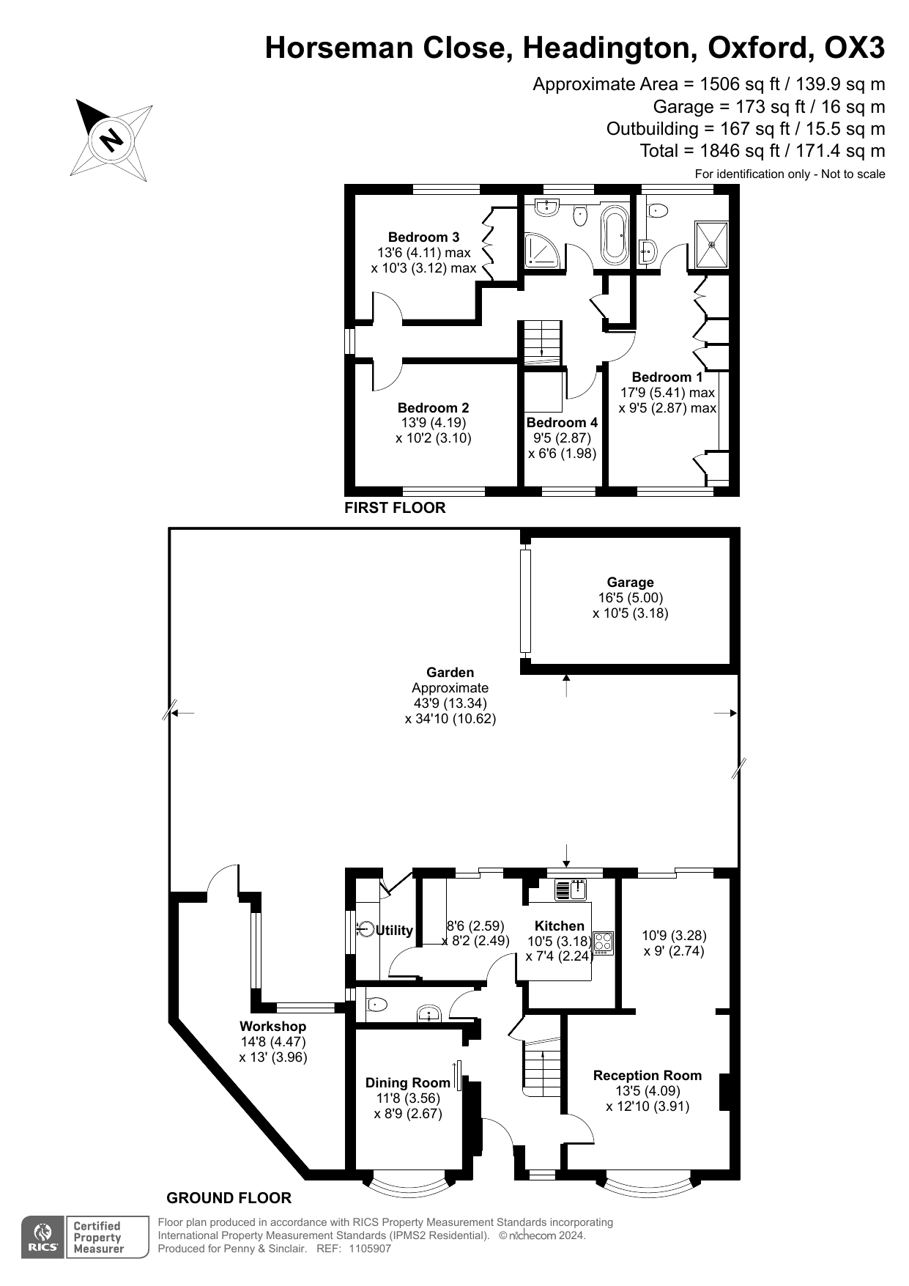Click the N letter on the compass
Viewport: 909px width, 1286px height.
[x=111, y=139]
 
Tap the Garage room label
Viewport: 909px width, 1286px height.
[x=630, y=583]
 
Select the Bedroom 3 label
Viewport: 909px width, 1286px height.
[x=423, y=237]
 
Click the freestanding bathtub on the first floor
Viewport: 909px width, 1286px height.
[x=613, y=236]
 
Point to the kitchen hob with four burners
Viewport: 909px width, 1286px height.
[x=603, y=942]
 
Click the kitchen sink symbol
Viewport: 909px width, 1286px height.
[x=571, y=890]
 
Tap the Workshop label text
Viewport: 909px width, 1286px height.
[x=272, y=1027]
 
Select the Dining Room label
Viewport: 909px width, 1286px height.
[x=407, y=1083]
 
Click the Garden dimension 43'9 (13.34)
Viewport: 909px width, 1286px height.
[x=450, y=703]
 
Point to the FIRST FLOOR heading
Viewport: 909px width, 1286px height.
[x=395, y=508]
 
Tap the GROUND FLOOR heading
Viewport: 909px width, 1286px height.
[x=229, y=1198]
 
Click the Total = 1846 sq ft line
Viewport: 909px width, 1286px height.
[x=762, y=151]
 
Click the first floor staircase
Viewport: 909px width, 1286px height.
[x=542, y=341]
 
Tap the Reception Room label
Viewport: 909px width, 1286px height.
[x=647, y=1076]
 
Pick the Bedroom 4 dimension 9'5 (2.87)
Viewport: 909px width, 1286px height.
[x=562, y=438]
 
